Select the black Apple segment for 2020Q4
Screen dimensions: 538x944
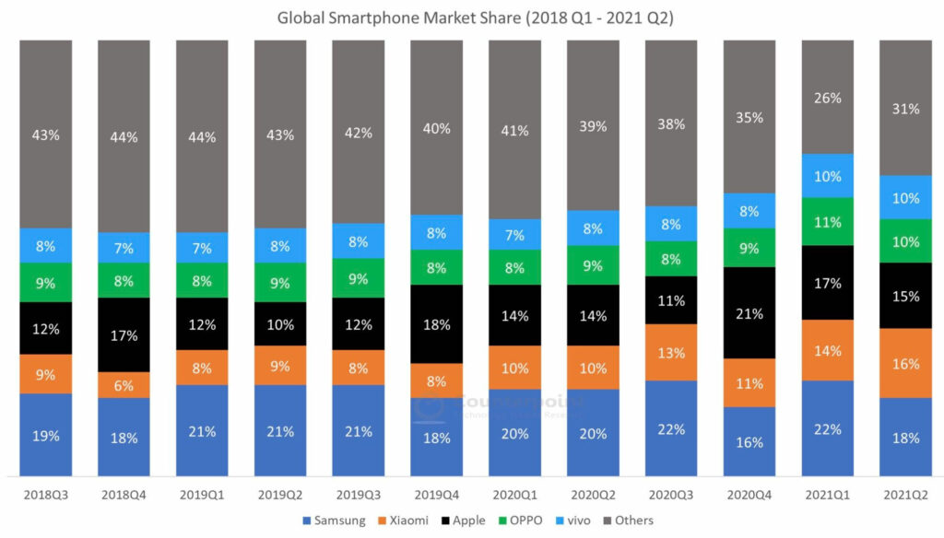(x=749, y=313)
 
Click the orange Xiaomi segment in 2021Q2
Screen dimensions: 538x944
(x=906, y=363)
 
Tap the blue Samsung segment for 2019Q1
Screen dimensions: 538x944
(x=202, y=430)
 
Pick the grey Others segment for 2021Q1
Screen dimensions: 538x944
(x=828, y=97)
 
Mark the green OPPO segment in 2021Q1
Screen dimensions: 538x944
(x=828, y=222)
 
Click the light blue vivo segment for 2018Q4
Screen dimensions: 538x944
(x=124, y=248)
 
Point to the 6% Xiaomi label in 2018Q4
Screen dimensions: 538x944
(x=124, y=385)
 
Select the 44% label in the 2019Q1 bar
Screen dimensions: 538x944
(x=202, y=137)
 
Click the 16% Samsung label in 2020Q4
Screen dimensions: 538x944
(x=749, y=442)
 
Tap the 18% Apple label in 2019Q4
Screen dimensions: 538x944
(x=436, y=324)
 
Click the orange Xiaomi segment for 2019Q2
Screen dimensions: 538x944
(x=280, y=365)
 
